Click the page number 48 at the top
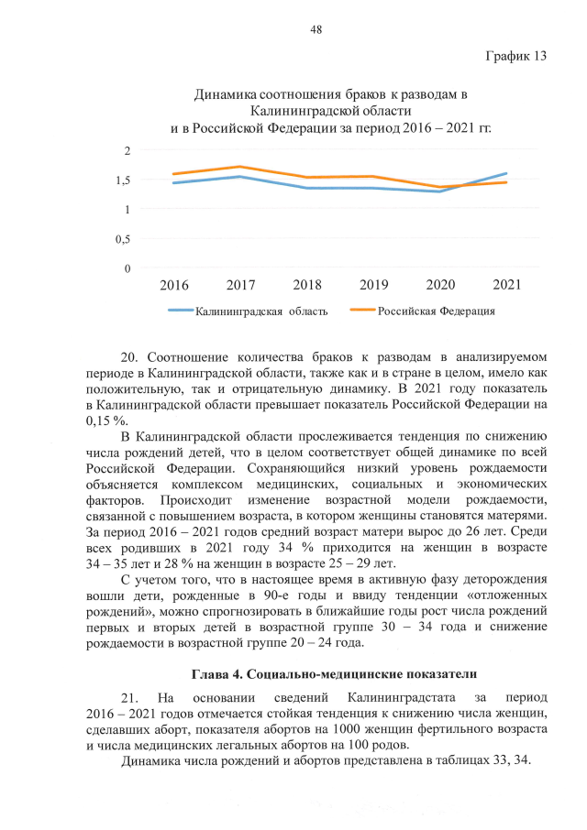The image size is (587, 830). [316, 30]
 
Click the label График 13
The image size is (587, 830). [515, 56]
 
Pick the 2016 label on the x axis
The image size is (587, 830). [174, 285]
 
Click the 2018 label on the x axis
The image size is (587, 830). [307, 285]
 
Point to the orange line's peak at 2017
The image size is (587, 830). [240, 167]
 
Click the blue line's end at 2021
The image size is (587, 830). [506, 173]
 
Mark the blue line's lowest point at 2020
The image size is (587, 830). [440, 191]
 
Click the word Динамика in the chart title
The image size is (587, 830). [227, 95]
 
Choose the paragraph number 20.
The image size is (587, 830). [129, 355]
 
